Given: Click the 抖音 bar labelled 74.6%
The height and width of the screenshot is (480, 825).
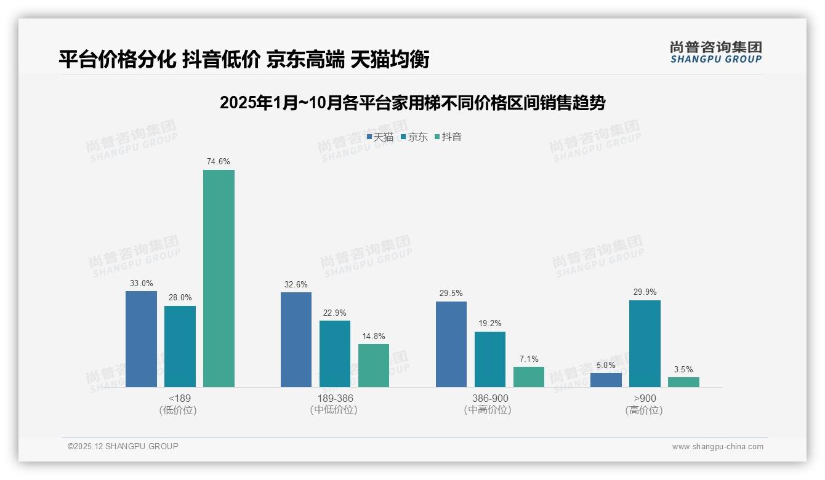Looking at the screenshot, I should (x=219, y=278).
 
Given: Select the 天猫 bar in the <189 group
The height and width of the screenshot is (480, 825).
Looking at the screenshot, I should (x=141, y=338).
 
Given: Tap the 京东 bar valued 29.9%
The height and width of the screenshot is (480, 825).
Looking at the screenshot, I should (x=645, y=343).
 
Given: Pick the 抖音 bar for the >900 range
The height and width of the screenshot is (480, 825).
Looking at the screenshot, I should (x=683, y=382).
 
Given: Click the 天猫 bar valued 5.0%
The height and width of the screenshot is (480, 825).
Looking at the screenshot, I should (x=606, y=380).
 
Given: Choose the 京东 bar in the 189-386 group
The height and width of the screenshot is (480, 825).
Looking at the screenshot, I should (x=334, y=354).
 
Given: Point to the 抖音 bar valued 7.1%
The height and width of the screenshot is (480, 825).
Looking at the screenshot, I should (x=529, y=377).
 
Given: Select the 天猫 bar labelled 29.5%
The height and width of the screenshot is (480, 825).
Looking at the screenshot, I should (x=451, y=344).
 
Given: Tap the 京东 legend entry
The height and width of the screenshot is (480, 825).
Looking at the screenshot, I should (x=414, y=137).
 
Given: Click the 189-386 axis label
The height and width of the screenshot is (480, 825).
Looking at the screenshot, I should (x=334, y=398).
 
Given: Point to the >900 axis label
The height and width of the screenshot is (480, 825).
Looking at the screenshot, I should (x=645, y=398).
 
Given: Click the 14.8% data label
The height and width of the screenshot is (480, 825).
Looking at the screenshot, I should (x=374, y=336).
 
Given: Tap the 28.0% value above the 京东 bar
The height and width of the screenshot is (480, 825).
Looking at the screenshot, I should (x=180, y=298).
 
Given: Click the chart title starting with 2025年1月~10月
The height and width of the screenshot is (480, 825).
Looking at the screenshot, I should (x=412, y=103).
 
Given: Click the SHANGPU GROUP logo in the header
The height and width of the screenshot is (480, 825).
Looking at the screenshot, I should (x=715, y=52).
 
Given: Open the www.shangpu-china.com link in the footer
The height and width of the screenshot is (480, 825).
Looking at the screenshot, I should (x=717, y=447).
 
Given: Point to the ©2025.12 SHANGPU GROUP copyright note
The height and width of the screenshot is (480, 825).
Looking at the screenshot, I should (x=123, y=446).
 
